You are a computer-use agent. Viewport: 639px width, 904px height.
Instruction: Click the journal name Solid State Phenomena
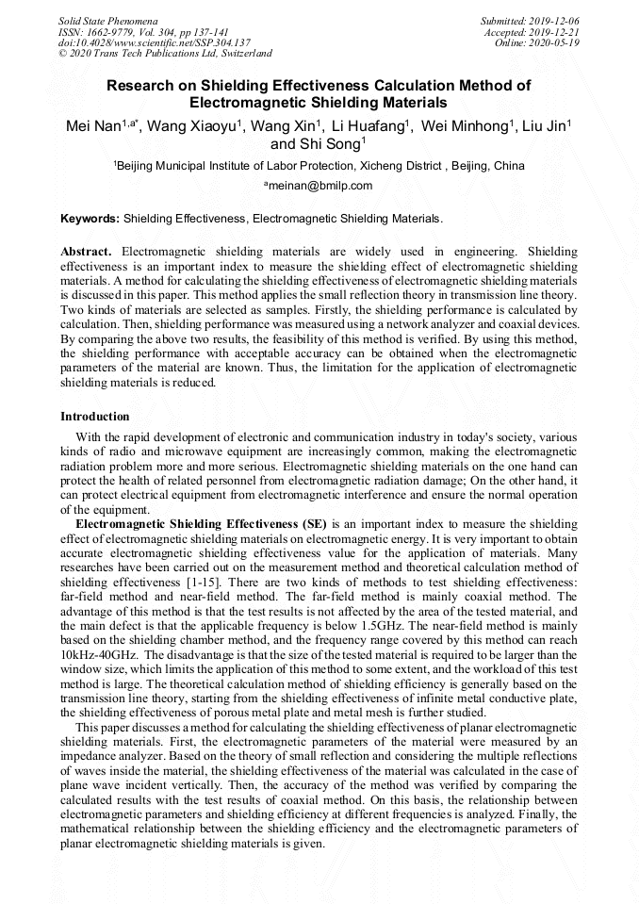(x=106, y=20)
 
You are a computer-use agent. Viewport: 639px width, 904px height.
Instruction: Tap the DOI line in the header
(x=155, y=42)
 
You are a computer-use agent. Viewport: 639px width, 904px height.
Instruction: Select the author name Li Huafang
(x=368, y=126)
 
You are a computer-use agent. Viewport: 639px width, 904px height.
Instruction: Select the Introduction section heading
(x=95, y=417)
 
